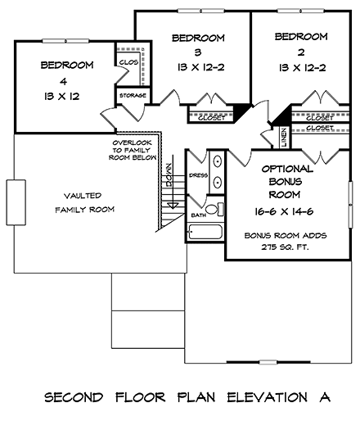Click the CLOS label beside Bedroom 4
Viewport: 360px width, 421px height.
[127, 61]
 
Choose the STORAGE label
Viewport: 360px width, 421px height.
[133, 96]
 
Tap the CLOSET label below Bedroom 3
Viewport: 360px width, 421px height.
[211, 118]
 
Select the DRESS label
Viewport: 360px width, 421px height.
[197, 175]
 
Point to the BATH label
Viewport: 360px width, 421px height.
[198, 215]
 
